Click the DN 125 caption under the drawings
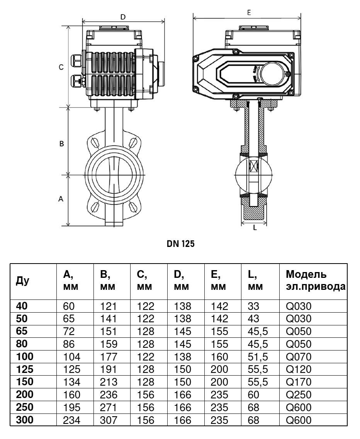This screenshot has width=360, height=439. pyautogui.click(x=180, y=243)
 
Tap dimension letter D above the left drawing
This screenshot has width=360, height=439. pyautogui.click(x=123, y=17)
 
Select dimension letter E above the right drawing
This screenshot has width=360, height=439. pyautogui.click(x=249, y=13)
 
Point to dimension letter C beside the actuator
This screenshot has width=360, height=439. pyautogui.click(x=61, y=67)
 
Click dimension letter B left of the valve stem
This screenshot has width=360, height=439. pyautogui.click(x=61, y=144)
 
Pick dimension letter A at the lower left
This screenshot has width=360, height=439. pyautogui.click(x=61, y=199)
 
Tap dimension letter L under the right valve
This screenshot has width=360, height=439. pyautogui.click(x=255, y=228)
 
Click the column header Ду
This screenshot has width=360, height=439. pyautogui.click(x=22, y=281)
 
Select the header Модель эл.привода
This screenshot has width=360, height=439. pyautogui.click(x=316, y=280)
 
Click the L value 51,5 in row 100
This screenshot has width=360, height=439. pyautogui.click(x=258, y=357)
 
